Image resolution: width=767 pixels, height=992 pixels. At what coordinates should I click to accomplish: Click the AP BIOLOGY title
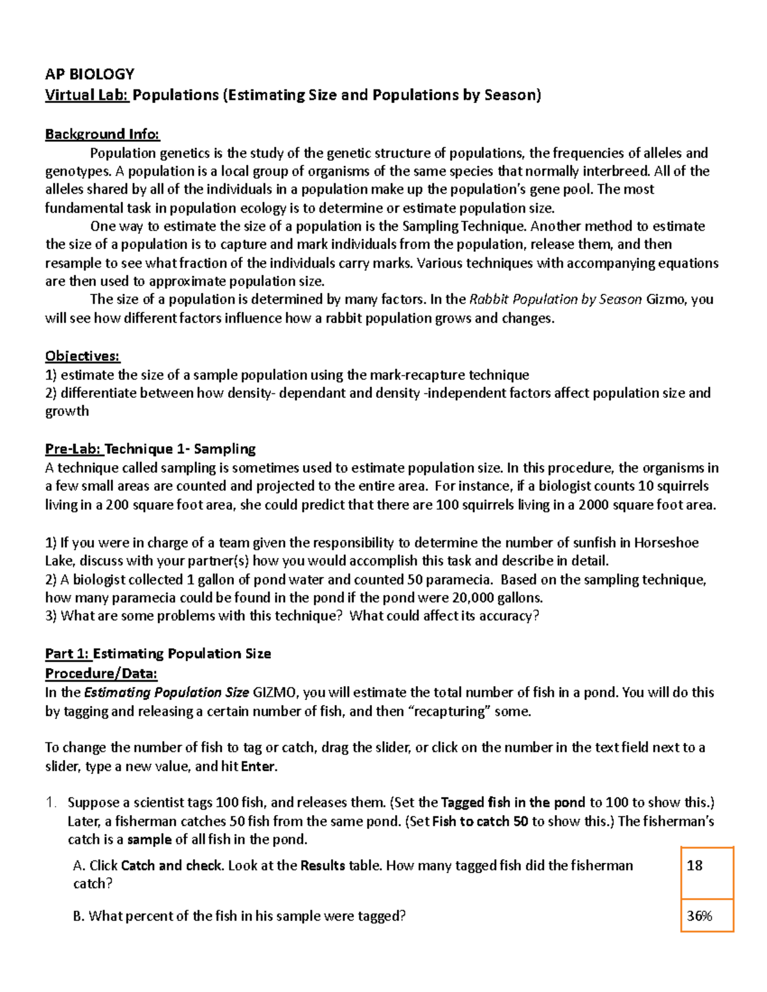89,73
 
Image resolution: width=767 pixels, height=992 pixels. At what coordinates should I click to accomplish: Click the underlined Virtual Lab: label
87,95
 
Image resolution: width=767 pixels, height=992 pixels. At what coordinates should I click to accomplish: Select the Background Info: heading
102,134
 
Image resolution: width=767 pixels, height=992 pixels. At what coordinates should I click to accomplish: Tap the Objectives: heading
82,356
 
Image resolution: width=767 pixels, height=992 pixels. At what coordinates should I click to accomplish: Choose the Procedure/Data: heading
101,673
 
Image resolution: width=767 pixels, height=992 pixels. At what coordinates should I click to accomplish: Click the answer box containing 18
706,873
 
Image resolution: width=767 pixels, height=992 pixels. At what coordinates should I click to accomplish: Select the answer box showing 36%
706,916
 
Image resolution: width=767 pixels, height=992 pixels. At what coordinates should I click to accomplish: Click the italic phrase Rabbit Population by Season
555,300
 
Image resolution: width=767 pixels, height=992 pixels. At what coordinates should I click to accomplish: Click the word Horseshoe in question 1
666,543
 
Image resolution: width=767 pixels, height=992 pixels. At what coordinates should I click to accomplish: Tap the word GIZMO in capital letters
276,692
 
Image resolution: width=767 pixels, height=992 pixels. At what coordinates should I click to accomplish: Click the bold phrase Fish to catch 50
480,821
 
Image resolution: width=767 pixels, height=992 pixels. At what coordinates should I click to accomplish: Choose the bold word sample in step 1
149,839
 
